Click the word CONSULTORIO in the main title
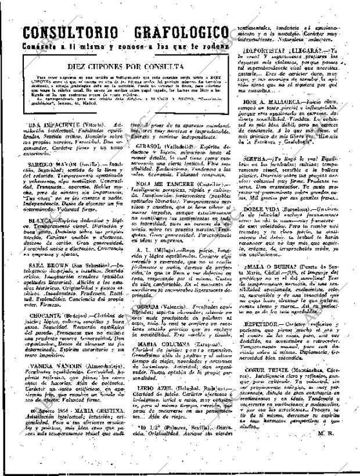[x=66, y=33]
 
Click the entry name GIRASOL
[x=150, y=147]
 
